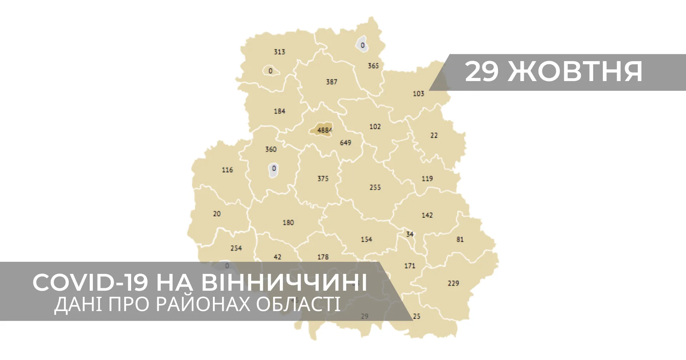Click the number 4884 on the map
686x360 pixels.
[324, 130]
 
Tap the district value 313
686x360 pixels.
[279, 52]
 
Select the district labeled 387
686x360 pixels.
[331, 82]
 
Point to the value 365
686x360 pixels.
[373, 66]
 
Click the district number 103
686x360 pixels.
[418, 94]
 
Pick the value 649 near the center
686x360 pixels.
[345, 142]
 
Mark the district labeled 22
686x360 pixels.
[434, 135]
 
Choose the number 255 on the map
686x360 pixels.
[375, 187]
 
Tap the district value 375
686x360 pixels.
[323, 178]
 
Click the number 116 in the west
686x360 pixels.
[227, 170]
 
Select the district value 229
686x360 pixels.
[453, 283]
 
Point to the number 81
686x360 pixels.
[460, 239]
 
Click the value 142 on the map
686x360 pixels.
[427, 215]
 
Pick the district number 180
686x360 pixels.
[288, 222]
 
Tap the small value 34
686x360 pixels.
[410, 234]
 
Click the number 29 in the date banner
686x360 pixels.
[481, 71]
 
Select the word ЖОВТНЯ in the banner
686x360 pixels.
[575, 71]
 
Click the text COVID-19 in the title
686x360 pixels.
[90, 282]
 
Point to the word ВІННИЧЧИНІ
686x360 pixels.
[284, 282]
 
